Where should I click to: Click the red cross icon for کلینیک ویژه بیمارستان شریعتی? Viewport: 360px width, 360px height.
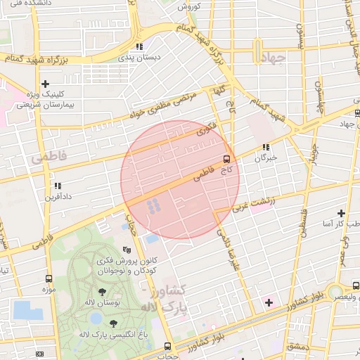click(x=45, y=84)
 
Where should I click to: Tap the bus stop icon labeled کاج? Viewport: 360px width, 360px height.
click(x=226, y=158)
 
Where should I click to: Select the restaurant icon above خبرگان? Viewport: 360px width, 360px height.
click(x=266, y=148)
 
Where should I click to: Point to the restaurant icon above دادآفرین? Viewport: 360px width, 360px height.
click(x=57, y=186)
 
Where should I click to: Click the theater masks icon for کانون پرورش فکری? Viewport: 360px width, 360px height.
click(x=127, y=249)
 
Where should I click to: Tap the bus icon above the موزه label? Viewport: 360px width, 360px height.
click(x=49, y=278)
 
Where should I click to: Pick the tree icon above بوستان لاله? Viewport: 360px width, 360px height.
click(x=103, y=291)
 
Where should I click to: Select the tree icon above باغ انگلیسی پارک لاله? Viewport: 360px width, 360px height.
click(x=113, y=323)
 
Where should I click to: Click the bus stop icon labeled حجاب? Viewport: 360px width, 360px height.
click(x=167, y=346)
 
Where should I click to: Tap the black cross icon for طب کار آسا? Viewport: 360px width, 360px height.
click(x=341, y=213)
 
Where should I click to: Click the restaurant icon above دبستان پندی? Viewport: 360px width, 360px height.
click(x=140, y=46)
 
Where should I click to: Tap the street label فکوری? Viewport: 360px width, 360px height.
click(x=204, y=129)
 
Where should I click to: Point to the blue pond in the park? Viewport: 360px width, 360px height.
click(x=27, y=309)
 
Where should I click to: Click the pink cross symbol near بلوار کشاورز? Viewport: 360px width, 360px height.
click(x=268, y=302)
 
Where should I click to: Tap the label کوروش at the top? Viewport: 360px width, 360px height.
click(x=188, y=6)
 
